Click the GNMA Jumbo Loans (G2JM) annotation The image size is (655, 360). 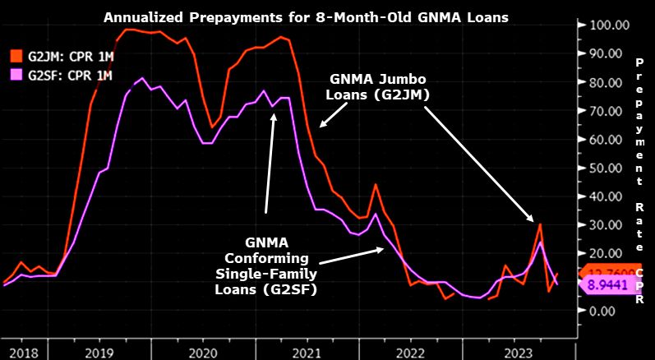coord(381,87)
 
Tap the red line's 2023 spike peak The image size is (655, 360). coord(540,224)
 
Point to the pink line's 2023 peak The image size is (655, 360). coord(540,242)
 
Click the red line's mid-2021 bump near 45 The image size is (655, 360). coord(376,184)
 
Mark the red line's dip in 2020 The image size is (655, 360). coord(213,127)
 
